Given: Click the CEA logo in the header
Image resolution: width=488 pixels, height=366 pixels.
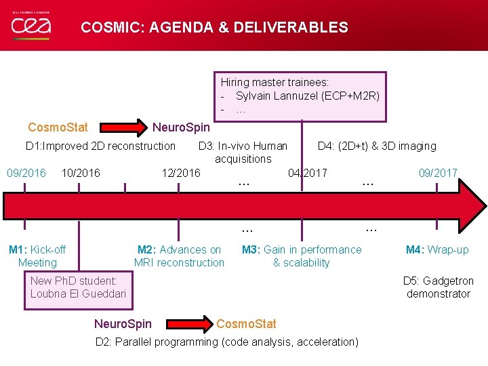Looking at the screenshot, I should tap(31, 26).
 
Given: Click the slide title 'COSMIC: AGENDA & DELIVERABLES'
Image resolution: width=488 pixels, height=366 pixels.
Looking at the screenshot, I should tap(214, 28).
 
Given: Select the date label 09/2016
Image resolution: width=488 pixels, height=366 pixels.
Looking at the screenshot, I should tap(26, 173).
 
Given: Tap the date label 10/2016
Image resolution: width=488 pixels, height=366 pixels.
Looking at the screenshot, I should tap(81, 173).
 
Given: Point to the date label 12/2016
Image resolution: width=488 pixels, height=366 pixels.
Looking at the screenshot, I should tap(181, 173).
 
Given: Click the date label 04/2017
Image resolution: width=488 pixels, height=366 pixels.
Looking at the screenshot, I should tap(308, 173).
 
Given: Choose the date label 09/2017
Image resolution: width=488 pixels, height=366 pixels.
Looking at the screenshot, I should tap(438, 173).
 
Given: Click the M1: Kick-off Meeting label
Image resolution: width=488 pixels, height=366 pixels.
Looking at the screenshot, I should tap(37, 256).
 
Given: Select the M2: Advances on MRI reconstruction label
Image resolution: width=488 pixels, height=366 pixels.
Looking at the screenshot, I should tap(179, 256).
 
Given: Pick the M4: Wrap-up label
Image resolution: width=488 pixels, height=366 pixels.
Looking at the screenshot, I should tap(437, 249).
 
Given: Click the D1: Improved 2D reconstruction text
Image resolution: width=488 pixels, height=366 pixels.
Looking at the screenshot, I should tap(100, 146).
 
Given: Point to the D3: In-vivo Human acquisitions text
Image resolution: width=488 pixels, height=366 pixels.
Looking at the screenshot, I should tap(243, 152).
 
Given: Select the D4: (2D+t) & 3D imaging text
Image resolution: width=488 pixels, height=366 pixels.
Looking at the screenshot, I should tap(377, 146).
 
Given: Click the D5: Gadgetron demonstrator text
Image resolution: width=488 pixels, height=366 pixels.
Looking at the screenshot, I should tap(439, 287).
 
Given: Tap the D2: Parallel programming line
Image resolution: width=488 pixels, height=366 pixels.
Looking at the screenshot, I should tap(227, 342).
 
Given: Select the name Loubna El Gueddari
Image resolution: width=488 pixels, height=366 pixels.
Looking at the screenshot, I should tap(78, 293).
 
